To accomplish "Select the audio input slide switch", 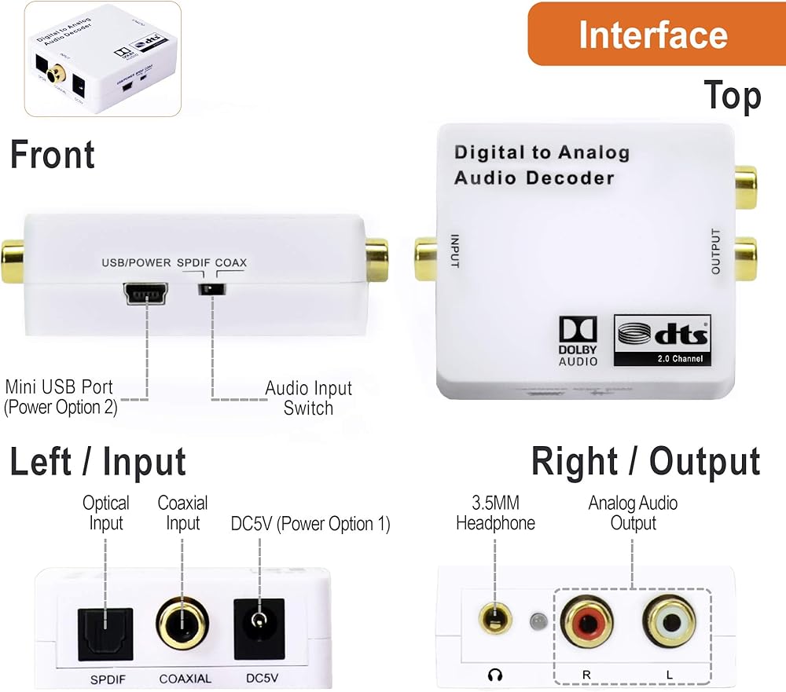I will [x=211, y=290].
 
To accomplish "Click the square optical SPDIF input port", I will [x=105, y=634].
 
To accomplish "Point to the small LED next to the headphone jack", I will [x=538, y=621].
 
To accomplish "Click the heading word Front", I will [x=53, y=155].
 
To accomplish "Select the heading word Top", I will [x=732, y=96].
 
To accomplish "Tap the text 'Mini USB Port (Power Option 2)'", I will [x=61, y=397].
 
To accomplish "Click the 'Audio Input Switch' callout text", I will [x=308, y=397].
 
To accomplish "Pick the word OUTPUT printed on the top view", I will [x=715, y=251].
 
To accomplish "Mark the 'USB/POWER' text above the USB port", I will [x=136, y=262].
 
